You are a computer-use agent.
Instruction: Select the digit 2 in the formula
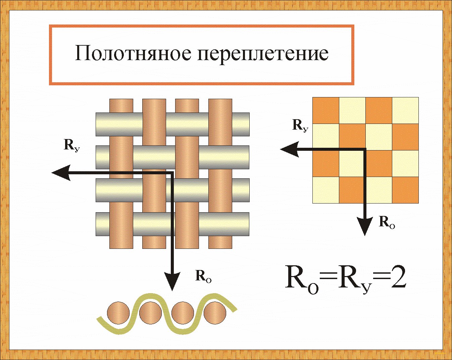point(396,278)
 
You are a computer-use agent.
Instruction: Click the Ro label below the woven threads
point(203,276)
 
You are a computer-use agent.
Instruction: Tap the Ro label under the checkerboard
point(387,223)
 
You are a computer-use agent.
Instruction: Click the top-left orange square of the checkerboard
point(325,110)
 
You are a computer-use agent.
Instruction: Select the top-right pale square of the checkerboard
point(405,110)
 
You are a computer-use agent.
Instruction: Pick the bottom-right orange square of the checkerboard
point(405,190)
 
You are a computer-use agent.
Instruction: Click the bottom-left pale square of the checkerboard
point(325,190)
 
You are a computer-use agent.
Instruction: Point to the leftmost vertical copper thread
point(121,174)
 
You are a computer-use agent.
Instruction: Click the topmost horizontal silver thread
point(172,124)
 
